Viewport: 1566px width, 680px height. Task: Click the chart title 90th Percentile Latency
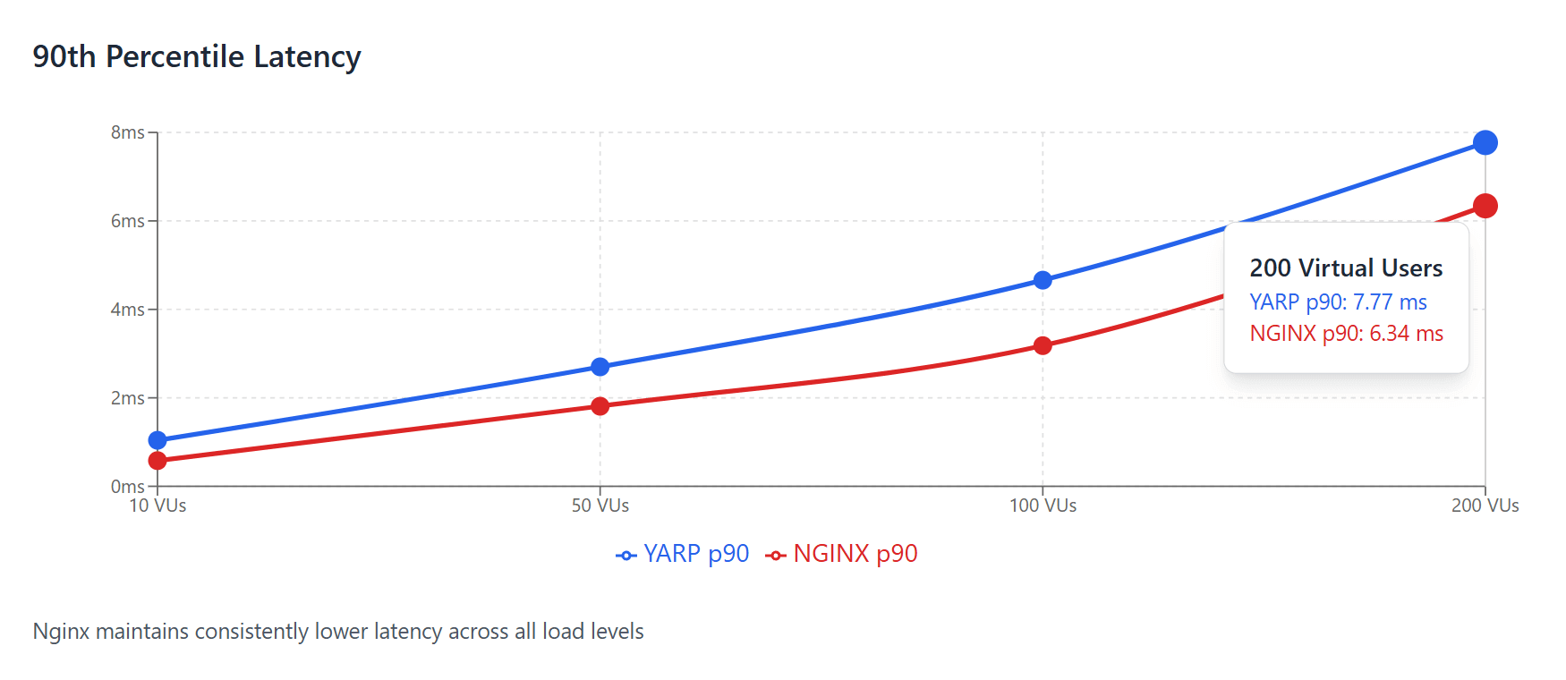197,56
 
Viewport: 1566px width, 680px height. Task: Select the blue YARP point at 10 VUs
157,440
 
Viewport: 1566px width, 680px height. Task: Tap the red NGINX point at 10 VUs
157,461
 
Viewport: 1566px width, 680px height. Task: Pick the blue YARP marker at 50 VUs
600,367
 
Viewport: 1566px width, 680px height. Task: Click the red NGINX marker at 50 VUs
600,406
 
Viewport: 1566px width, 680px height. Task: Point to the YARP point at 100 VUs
1043,280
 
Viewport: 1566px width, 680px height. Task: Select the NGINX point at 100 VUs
1043,345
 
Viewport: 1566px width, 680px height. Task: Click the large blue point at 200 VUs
1485,142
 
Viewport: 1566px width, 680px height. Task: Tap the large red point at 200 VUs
1485,206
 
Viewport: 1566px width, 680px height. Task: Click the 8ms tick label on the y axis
127,132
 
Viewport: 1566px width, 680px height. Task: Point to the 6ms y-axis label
127,221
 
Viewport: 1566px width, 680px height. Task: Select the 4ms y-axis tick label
127,310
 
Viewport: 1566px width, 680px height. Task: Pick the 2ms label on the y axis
127,398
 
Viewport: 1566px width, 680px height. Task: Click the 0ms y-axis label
127,487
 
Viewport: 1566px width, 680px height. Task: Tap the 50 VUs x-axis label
600,506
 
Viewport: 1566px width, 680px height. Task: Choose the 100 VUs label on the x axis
1043,506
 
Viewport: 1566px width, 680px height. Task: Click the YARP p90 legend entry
684,554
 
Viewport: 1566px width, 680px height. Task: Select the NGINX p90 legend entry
842,554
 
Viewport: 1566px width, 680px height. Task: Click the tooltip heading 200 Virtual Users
1346,268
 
